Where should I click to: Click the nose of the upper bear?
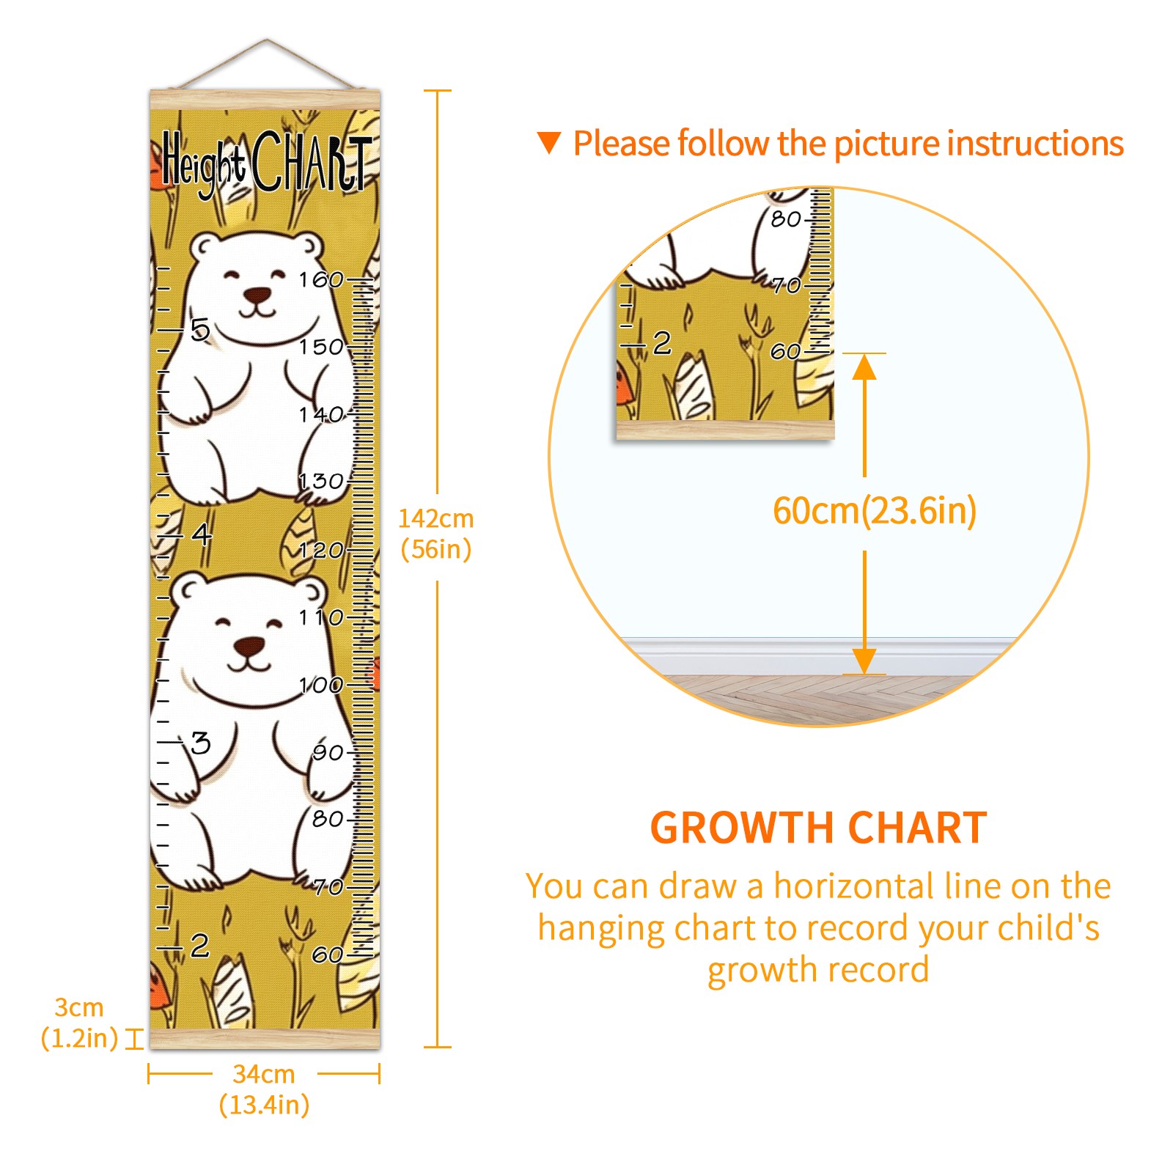[x=257, y=295]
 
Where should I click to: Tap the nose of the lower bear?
[x=249, y=647]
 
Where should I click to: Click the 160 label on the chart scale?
[x=321, y=279]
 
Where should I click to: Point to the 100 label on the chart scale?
[x=321, y=685]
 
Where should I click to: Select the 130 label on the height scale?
[x=321, y=481]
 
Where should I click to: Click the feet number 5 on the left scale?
[x=200, y=330]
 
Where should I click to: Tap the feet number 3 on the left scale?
[x=200, y=743]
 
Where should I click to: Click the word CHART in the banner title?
[x=312, y=161]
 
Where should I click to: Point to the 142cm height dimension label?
[x=435, y=518]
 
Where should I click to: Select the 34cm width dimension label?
[x=264, y=1074]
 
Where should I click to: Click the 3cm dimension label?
[x=79, y=1007]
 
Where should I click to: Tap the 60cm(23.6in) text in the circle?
[x=875, y=510]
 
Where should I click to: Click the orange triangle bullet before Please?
[x=549, y=143]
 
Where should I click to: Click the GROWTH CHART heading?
[x=818, y=828]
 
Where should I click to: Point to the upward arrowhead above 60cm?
[x=864, y=367]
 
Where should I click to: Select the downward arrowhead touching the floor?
[x=864, y=661]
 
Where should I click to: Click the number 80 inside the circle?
[x=785, y=218]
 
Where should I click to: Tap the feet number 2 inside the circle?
[x=662, y=342]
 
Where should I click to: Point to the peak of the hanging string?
[x=267, y=40]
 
